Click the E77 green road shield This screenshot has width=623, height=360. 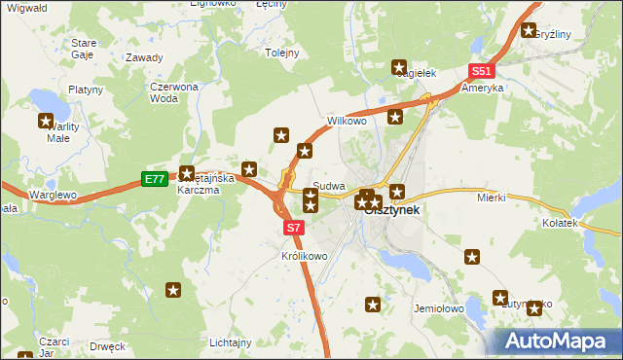click(x=154, y=179)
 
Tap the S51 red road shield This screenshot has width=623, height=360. click(x=482, y=72)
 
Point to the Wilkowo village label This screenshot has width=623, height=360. click(x=346, y=122)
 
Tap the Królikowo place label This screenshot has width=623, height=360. click(x=304, y=256)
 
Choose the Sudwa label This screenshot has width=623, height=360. click(x=329, y=185)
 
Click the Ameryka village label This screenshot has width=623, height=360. click(x=483, y=88)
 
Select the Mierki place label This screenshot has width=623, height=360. click(x=491, y=198)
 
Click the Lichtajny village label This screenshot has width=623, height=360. click(x=232, y=342)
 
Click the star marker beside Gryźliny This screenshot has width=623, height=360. click(x=530, y=30)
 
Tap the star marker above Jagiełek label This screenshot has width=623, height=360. click(x=399, y=67)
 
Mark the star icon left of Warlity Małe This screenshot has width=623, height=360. click(x=46, y=122)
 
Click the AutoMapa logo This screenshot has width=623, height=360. click(x=558, y=341)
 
